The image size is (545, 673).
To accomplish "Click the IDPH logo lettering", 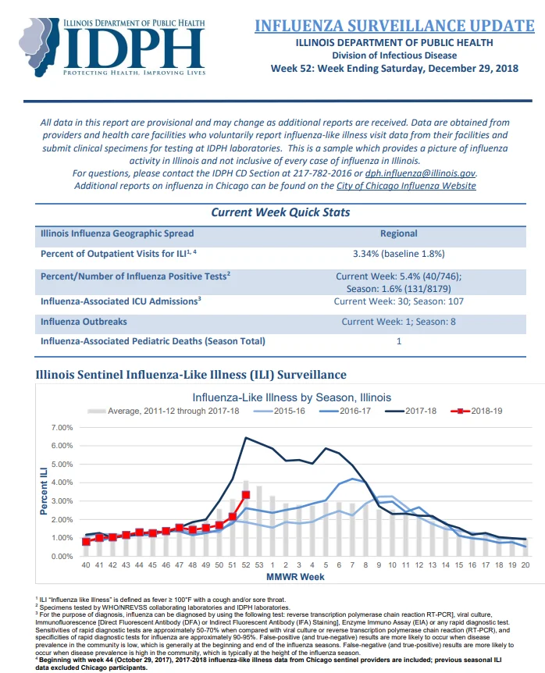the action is pyautogui.click(x=134, y=48).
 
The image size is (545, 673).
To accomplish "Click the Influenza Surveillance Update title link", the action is pyautogui.click(x=394, y=26).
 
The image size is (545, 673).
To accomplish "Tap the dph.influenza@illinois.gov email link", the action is pyautogui.click(x=420, y=173).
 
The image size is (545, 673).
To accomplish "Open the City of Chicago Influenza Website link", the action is pyautogui.click(x=406, y=186).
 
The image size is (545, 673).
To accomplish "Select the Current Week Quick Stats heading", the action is pyautogui.click(x=280, y=212).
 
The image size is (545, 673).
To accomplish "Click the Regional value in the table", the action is pyautogui.click(x=399, y=233).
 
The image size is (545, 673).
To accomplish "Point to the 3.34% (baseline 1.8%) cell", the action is pyautogui.click(x=399, y=254).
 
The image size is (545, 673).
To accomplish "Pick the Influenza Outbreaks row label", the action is pyautogui.click(x=84, y=322).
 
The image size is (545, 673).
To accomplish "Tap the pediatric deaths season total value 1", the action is pyautogui.click(x=399, y=341).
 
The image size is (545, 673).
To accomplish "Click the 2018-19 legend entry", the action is pyautogui.click(x=476, y=411).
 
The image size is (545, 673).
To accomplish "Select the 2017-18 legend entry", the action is pyautogui.click(x=411, y=411).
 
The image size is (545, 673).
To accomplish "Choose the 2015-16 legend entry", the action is pyautogui.click(x=280, y=411).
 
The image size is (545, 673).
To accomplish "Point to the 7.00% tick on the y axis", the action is pyautogui.click(x=62, y=428).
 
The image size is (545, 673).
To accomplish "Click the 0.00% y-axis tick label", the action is pyautogui.click(x=62, y=556).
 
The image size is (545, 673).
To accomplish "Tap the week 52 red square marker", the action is pyautogui.click(x=246, y=495).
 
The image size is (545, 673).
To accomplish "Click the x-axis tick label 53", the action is pyautogui.click(x=259, y=564).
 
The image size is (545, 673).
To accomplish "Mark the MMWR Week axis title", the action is pyautogui.click(x=295, y=577).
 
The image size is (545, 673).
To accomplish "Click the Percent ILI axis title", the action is pyautogui.click(x=44, y=491).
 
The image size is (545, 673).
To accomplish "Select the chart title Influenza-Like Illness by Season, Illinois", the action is pyautogui.click(x=292, y=397).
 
